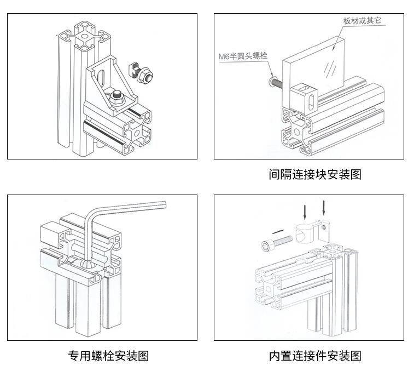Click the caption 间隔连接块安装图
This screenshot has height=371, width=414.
(x=314, y=175)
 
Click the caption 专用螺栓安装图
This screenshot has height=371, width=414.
(x=108, y=356)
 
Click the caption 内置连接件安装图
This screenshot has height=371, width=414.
(x=314, y=356)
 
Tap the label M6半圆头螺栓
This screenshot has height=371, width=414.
(x=243, y=56)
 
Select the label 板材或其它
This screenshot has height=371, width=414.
(x=361, y=21)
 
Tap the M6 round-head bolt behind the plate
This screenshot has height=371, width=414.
(x=273, y=83)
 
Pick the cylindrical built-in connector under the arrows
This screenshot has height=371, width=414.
(x=309, y=232)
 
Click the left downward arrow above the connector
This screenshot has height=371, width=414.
(x=304, y=210)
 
